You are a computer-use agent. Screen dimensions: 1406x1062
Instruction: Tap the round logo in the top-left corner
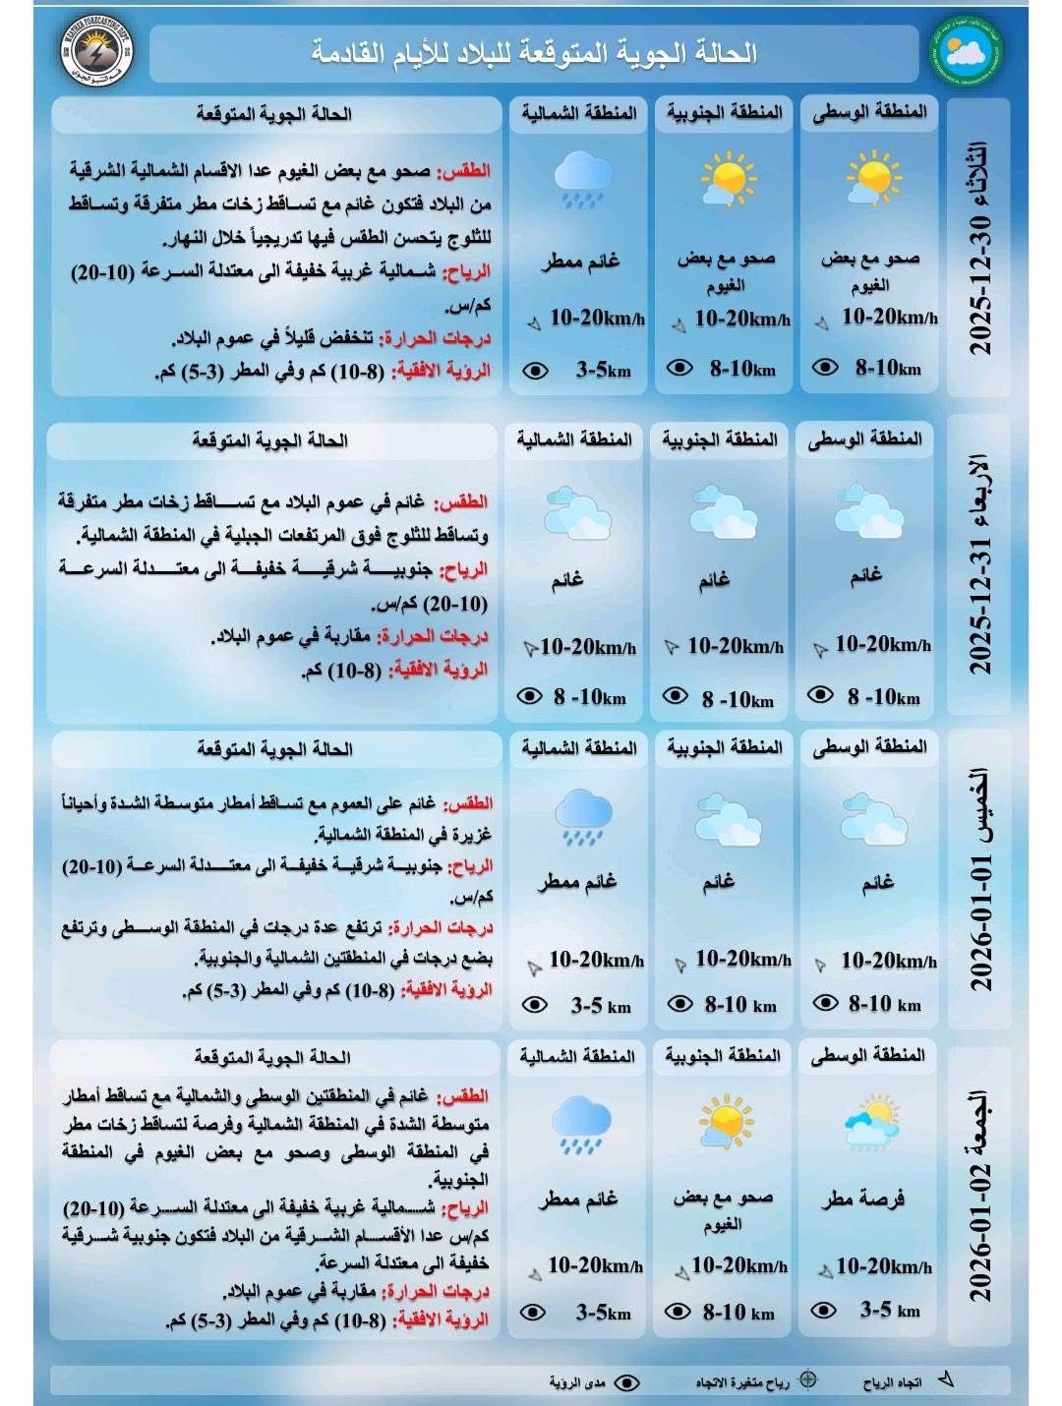(90, 52)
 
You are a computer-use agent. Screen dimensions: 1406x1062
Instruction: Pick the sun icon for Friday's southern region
(725, 1121)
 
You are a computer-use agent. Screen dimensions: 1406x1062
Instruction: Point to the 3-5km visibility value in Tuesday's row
(603, 371)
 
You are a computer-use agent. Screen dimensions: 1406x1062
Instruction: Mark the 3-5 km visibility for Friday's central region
(890, 1310)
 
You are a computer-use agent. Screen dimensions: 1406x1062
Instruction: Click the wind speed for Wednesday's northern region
(588, 647)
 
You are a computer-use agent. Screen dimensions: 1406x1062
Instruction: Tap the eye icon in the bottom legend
(625, 1382)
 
